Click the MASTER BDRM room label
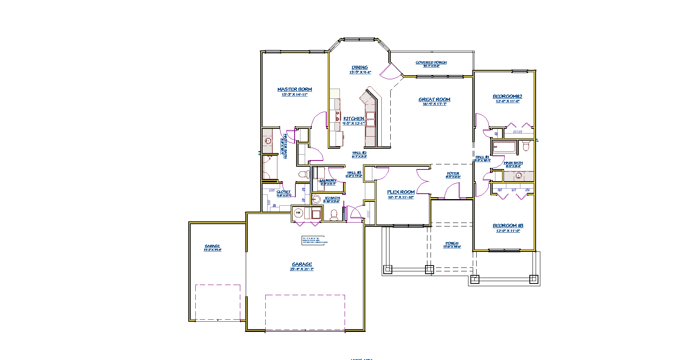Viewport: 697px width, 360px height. click(295, 89)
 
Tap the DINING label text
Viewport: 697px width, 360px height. click(360, 68)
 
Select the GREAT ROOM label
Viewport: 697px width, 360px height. click(434, 100)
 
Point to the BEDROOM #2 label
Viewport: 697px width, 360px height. click(508, 96)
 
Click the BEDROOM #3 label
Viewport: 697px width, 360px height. click(508, 226)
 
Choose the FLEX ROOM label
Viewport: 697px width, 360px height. click(401, 192)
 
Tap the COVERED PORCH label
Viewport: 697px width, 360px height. click(431, 62)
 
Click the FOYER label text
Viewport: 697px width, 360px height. click(453, 173)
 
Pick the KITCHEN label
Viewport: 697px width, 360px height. click(354, 119)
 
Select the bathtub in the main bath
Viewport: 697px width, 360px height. click(504, 147)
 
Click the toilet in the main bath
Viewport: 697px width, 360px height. click(526, 146)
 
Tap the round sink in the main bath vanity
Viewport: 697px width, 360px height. click(518, 176)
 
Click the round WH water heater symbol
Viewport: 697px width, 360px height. click(298, 213)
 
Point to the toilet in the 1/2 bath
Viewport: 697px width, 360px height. click(334, 215)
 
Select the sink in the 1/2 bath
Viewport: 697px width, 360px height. click(316, 199)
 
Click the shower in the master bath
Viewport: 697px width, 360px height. click(270, 167)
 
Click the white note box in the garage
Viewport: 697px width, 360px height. click(315, 240)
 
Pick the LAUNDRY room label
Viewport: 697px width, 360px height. click(328, 181)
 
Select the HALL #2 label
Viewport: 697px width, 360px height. click(359, 153)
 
